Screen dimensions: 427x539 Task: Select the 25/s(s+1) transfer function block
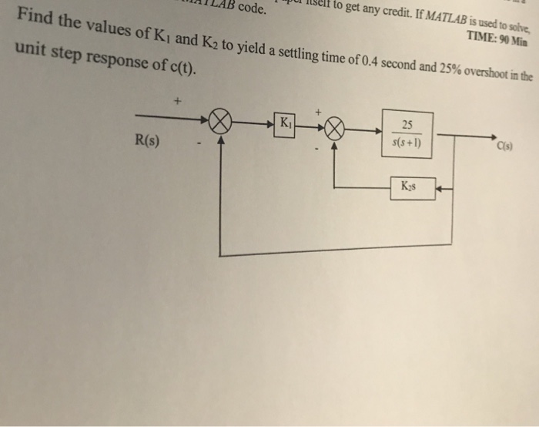(407, 134)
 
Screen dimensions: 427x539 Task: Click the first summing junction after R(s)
(221, 124)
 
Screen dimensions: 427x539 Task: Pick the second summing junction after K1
(334, 127)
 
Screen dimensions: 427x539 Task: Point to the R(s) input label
(147, 141)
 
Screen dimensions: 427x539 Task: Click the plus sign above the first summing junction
(179, 101)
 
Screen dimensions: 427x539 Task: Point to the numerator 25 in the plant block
(407, 126)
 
